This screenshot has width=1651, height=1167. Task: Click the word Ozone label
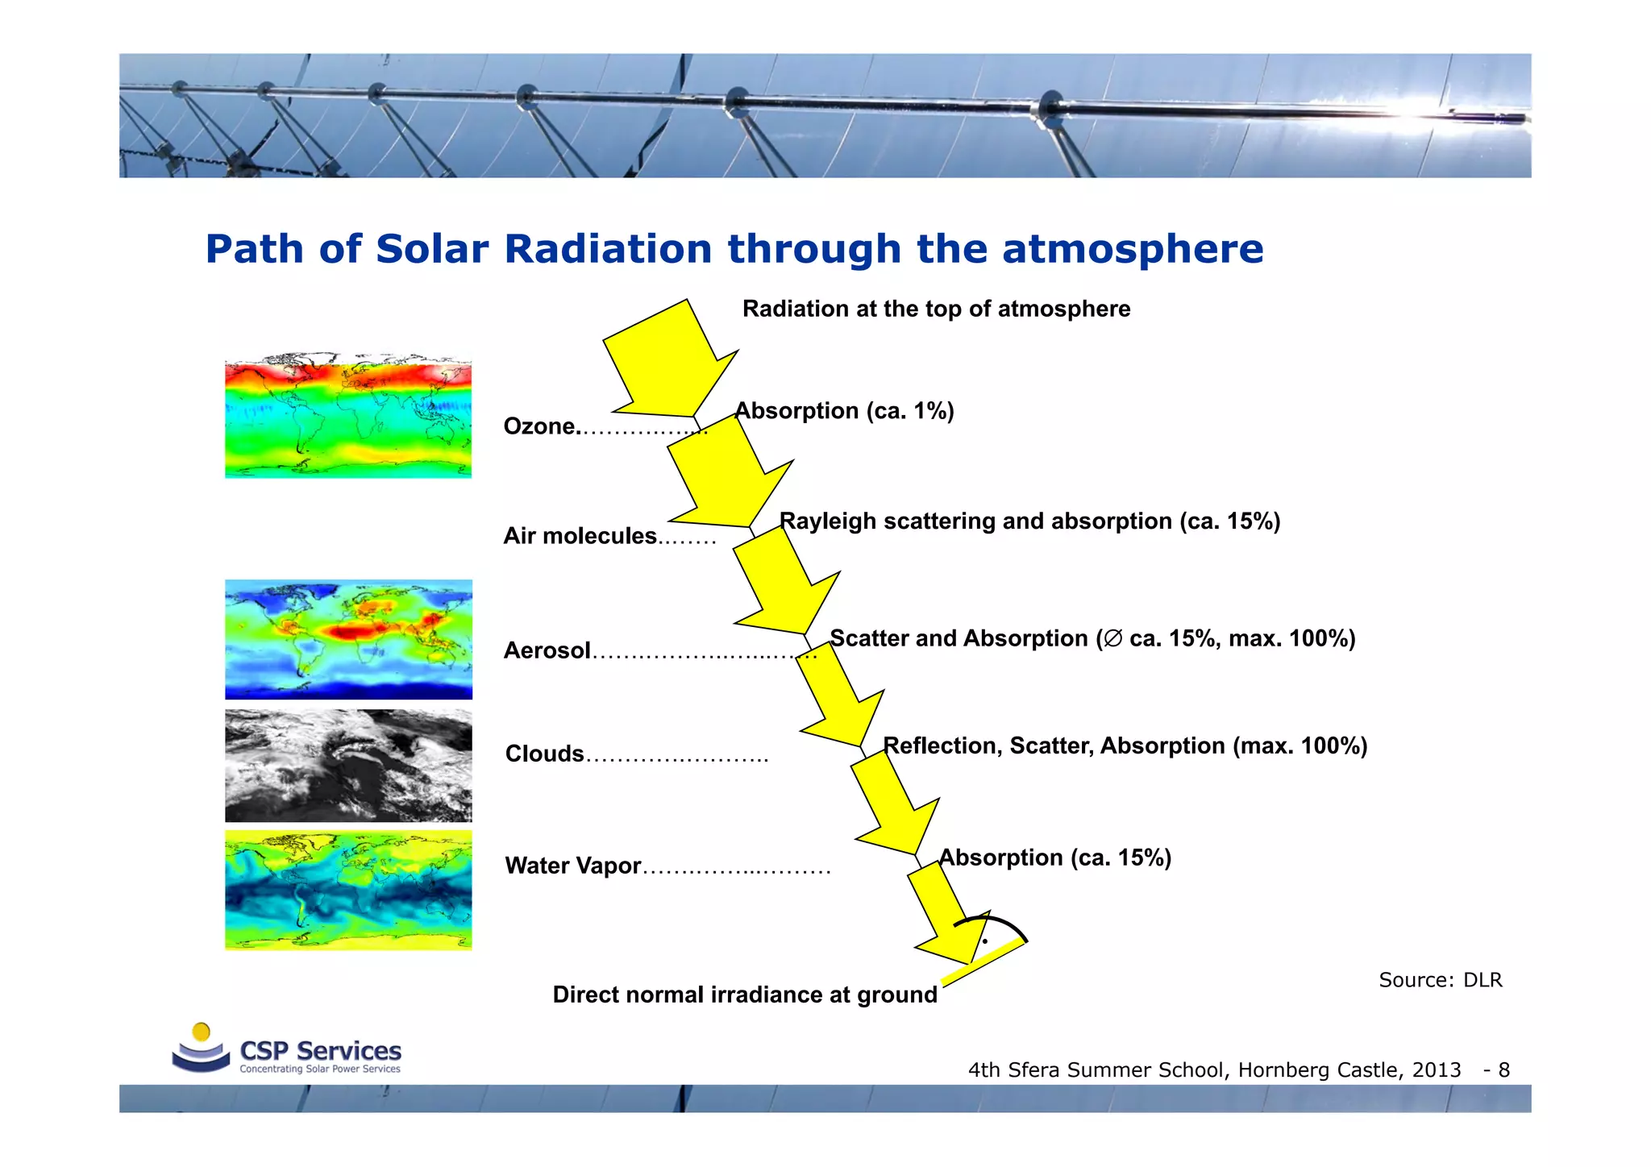(539, 426)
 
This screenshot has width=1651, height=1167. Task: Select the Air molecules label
(580, 536)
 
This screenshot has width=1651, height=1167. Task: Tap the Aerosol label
(547, 650)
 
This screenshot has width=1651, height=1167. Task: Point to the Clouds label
(544, 754)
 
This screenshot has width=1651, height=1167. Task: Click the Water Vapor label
(572, 866)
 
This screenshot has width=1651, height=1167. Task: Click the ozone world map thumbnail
(348, 417)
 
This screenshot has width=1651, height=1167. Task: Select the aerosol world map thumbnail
(348, 639)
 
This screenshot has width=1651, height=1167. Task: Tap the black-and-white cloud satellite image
(348, 766)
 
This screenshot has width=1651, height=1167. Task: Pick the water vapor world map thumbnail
(348, 890)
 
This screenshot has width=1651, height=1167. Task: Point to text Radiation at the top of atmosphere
(936, 309)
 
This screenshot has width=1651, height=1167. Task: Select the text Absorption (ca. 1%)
(844, 411)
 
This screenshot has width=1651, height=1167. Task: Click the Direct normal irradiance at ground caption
(744, 995)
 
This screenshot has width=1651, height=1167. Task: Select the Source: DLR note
(1440, 980)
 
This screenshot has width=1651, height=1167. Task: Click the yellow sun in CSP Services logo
(202, 1032)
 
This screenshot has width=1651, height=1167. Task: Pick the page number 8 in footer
(1503, 1070)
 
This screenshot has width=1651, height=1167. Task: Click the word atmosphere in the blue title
(1132, 248)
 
